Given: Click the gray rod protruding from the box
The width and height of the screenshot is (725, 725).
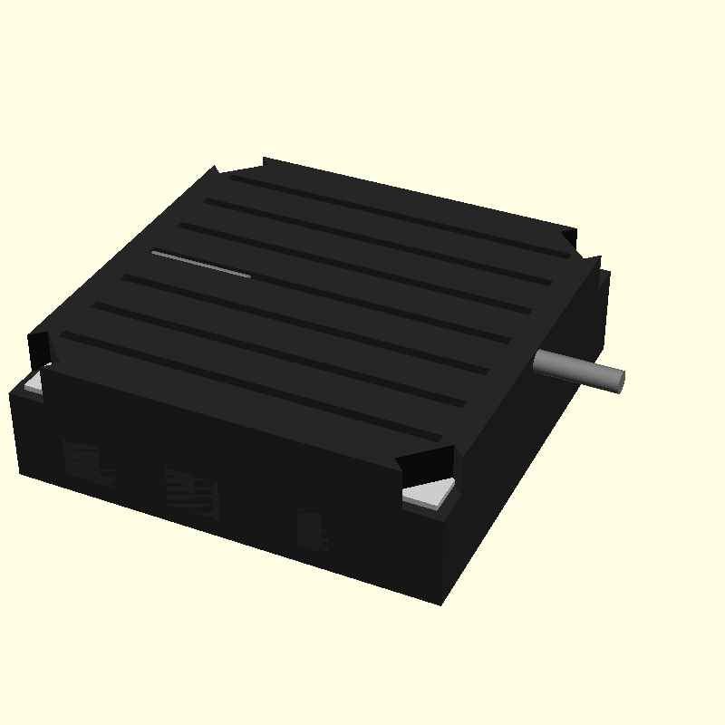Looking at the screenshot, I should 578,371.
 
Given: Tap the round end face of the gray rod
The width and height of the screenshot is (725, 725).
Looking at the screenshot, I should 618,381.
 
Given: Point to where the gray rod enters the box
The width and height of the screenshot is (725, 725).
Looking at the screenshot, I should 538,362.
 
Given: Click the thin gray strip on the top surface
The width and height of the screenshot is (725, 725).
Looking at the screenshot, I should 201,264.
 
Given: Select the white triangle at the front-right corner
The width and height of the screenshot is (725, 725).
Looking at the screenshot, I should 430,493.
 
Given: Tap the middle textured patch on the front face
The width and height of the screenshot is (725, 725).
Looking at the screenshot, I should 192,494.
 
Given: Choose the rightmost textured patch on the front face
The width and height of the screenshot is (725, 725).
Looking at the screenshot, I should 312,530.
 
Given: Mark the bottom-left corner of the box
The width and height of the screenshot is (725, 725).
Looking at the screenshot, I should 20,471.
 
